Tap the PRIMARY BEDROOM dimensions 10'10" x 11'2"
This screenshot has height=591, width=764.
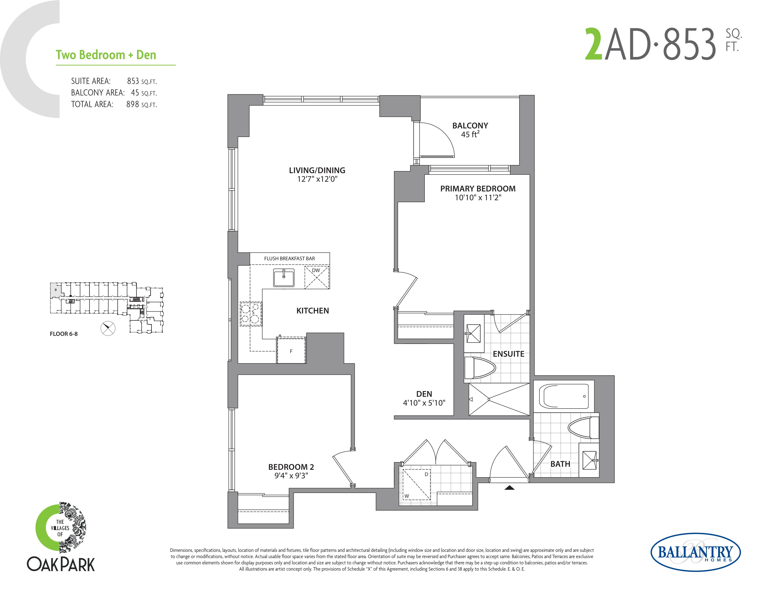[x=478, y=197]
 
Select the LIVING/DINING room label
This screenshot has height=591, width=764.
[x=317, y=170]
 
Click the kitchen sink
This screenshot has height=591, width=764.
[x=284, y=278]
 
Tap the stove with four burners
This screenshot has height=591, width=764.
[x=251, y=314]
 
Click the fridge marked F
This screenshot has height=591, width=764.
[x=291, y=350]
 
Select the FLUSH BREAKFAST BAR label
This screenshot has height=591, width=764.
[x=289, y=258]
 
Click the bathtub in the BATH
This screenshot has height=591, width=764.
[x=564, y=396]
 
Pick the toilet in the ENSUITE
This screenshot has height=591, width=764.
[x=480, y=368]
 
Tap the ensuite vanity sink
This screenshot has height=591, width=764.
[x=474, y=333]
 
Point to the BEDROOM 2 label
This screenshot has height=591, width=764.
[x=291, y=467]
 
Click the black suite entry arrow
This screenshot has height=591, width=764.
[x=510, y=487]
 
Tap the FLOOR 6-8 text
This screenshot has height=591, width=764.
[x=64, y=334]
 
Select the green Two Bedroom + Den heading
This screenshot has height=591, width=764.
[x=106, y=55]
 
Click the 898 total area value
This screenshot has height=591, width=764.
[x=133, y=104]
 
